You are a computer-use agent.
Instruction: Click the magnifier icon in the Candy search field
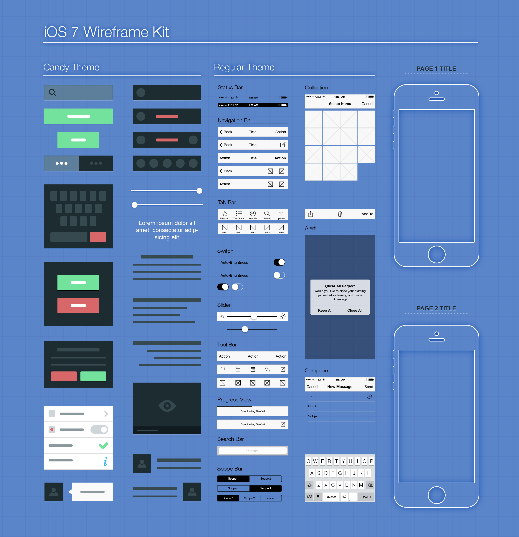(x=52, y=93)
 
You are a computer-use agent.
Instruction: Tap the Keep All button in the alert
(x=325, y=310)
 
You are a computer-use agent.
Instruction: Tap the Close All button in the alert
(x=355, y=310)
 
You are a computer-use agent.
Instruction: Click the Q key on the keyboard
(x=308, y=461)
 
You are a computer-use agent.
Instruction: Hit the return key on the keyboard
(x=366, y=496)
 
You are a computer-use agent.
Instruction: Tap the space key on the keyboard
(x=331, y=496)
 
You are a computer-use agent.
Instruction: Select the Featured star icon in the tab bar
(x=225, y=214)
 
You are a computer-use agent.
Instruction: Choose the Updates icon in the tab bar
(x=281, y=214)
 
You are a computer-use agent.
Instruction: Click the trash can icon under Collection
(x=340, y=214)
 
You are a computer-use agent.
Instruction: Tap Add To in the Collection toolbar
(x=367, y=214)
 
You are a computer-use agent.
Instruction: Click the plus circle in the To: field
(x=369, y=396)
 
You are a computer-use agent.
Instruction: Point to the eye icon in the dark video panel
(x=167, y=406)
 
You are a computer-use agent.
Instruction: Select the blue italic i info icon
(x=105, y=462)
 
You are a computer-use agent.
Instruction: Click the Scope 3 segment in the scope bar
(x=271, y=498)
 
